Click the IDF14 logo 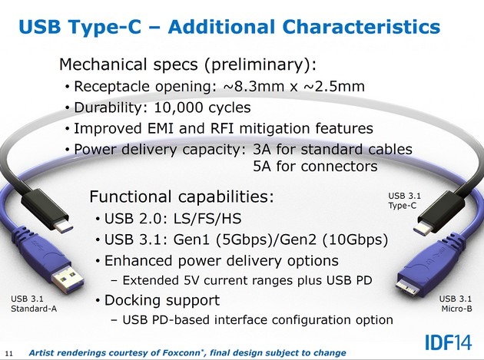449,342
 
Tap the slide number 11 9,353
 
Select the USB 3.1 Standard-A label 34,303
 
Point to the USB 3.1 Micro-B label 456,303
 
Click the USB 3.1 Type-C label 404,200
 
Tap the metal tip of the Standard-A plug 68,280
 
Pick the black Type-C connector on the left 46,210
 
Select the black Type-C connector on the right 439,213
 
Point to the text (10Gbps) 355,239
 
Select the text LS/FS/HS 207,219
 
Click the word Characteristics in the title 361,27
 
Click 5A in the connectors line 262,167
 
